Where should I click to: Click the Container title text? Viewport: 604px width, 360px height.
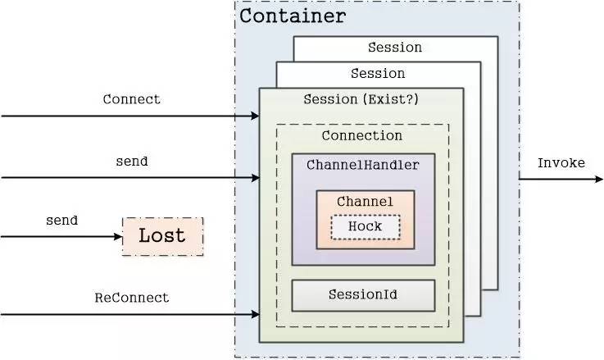pyautogui.click(x=293, y=16)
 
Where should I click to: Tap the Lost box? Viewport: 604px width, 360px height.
pyautogui.click(x=162, y=236)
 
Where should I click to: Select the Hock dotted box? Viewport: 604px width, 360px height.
pyautogui.click(x=366, y=227)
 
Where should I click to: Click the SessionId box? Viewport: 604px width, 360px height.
pyautogui.click(x=363, y=296)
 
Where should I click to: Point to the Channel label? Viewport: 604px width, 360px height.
pyautogui.click(x=365, y=202)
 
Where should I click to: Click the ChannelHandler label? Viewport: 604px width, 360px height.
pyautogui.click(x=363, y=166)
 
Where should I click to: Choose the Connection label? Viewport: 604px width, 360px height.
pyautogui.click(x=362, y=135)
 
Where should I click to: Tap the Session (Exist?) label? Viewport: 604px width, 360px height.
pyautogui.click(x=361, y=99)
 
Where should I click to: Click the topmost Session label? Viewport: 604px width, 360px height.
pyautogui.click(x=395, y=48)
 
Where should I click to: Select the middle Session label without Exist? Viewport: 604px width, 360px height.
pyautogui.click(x=378, y=74)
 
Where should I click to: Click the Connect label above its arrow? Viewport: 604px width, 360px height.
pyautogui.click(x=131, y=99)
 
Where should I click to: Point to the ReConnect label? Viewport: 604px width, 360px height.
pyautogui.click(x=132, y=298)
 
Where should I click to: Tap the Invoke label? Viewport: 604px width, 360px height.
pyautogui.click(x=561, y=163)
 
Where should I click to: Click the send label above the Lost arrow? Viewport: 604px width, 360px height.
pyautogui.click(x=61, y=221)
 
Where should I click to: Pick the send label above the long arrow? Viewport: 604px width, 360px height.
pyautogui.click(x=132, y=161)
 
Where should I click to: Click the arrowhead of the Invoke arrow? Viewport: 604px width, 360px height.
pyautogui.click(x=599, y=180)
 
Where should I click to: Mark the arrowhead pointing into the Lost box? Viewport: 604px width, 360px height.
pyautogui.click(x=118, y=237)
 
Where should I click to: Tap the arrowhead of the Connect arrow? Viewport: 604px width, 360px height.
pyautogui.click(x=255, y=116)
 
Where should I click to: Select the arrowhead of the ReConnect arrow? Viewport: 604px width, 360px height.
pyautogui.click(x=255, y=315)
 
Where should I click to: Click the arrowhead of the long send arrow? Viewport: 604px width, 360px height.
pyautogui.click(x=255, y=178)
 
